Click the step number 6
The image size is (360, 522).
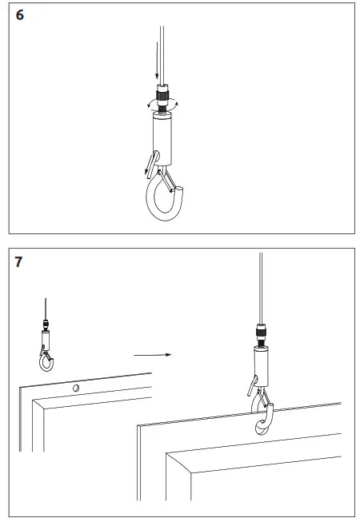[x=19, y=16]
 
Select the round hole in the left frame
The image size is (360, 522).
[x=75, y=389]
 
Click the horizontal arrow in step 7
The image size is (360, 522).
[x=153, y=353]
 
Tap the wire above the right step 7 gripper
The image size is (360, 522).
[x=261, y=288]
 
